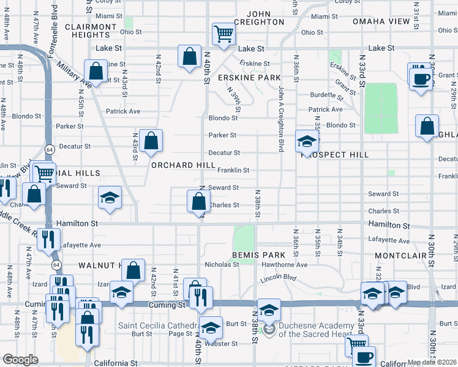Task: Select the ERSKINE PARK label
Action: coord(249,78)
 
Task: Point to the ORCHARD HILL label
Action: coord(184,165)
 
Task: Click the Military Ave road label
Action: coord(73,74)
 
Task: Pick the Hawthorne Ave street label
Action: coord(284,265)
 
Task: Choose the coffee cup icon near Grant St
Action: coord(421,78)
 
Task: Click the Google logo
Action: coord(20,360)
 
